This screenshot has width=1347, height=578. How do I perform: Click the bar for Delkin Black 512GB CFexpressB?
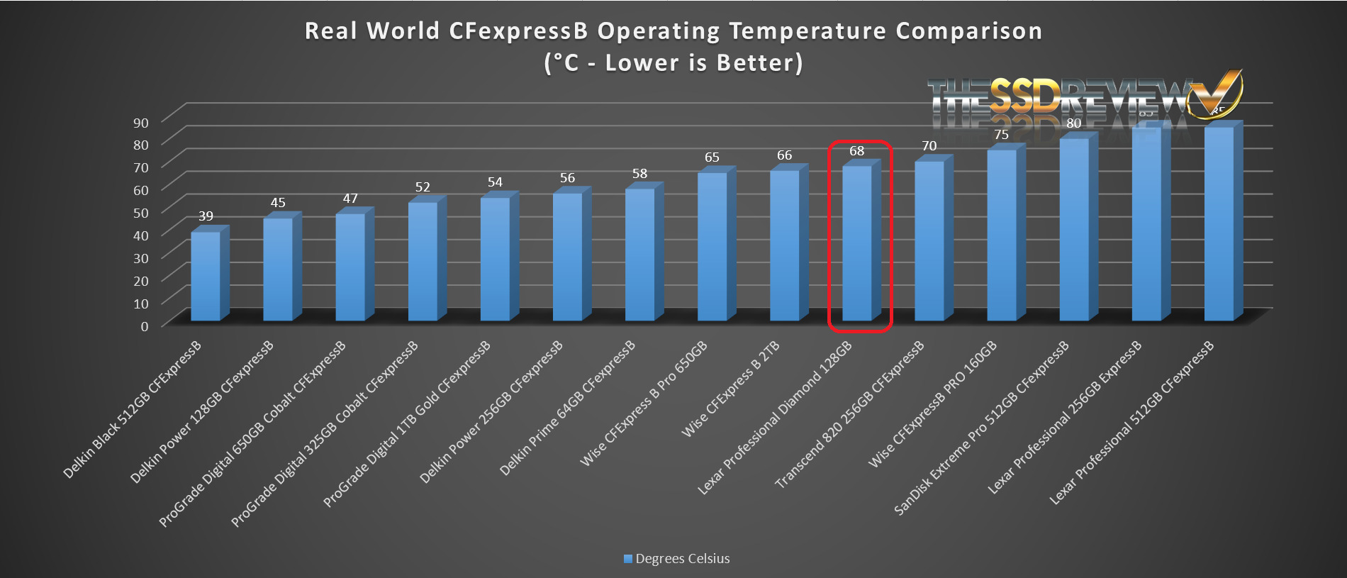[206, 277]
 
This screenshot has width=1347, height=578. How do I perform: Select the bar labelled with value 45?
[278, 269]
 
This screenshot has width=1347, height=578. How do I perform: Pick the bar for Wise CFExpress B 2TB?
[785, 245]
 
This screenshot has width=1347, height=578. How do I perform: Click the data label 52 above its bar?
[423, 187]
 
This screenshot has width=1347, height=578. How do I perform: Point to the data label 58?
[639, 174]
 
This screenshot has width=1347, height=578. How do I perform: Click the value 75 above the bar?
[1001, 135]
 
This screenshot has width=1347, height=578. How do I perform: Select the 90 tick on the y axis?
[141, 123]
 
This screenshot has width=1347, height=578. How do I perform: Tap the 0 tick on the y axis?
[145, 326]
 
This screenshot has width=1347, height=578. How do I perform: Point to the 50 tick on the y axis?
[141, 213]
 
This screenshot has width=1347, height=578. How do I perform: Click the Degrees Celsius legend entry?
[676, 559]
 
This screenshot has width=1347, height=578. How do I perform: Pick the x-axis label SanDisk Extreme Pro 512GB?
[982, 428]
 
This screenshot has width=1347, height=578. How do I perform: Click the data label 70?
[929, 146]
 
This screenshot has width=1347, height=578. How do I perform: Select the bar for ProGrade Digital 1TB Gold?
[495, 259]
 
